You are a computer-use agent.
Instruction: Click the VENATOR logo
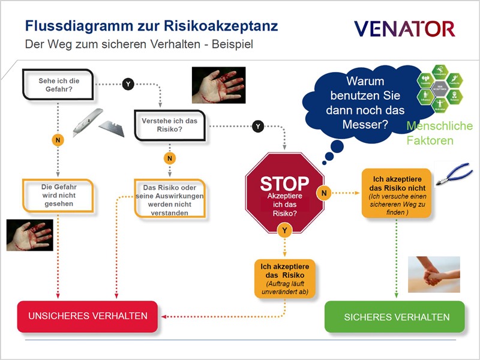point(404,28)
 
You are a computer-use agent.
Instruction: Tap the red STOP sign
point(285,191)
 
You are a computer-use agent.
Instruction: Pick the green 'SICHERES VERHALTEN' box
point(396,317)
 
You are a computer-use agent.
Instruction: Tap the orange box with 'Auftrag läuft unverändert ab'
point(286,277)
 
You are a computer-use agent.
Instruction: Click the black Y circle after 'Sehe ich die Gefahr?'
point(128,84)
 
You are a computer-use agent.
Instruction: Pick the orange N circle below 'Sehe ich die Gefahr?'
point(57,140)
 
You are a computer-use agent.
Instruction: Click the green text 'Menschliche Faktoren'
point(439,133)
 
